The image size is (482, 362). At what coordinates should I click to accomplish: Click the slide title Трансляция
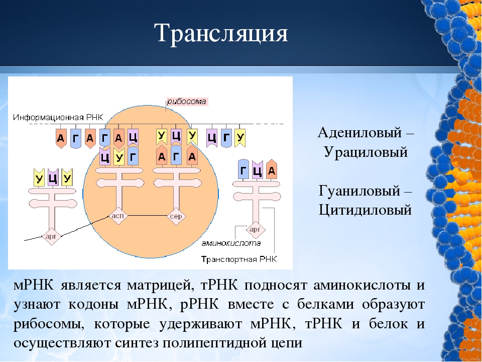(x=221, y=33)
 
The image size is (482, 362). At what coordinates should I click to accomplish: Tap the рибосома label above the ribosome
(x=187, y=102)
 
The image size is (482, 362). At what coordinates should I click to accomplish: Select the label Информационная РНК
(x=58, y=117)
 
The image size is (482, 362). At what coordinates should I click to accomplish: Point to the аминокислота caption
(x=231, y=243)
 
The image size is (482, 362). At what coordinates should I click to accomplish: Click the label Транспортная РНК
(x=239, y=259)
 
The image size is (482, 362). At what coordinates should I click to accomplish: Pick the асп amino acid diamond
(x=118, y=216)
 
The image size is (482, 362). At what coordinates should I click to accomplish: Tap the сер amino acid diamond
(x=176, y=217)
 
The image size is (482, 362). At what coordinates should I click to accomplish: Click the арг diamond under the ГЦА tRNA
(x=255, y=230)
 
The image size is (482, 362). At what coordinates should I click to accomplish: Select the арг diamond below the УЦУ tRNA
(x=51, y=236)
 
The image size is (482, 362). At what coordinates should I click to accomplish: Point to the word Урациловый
(x=366, y=152)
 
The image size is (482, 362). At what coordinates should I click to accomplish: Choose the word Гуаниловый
(x=359, y=191)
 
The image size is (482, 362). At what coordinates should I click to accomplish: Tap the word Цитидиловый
(x=365, y=210)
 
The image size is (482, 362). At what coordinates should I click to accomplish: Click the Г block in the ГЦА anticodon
(x=244, y=169)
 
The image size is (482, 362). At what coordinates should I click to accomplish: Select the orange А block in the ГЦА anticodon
(x=272, y=169)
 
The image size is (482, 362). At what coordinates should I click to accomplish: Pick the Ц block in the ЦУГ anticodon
(x=105, y=156)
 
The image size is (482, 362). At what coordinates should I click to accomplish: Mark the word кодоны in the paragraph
(x=93, y=305)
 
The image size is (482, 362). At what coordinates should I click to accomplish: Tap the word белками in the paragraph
(x=326, y=304)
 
